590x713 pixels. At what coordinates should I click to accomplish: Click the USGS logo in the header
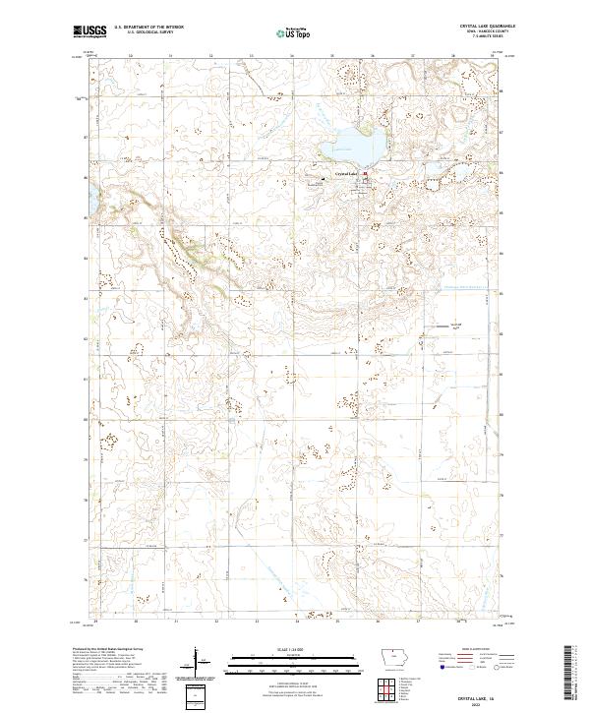(89, 31)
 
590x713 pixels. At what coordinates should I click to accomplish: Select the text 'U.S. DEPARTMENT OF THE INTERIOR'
(148, 29)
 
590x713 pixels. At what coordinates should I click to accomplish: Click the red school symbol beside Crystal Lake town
(366, 174)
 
